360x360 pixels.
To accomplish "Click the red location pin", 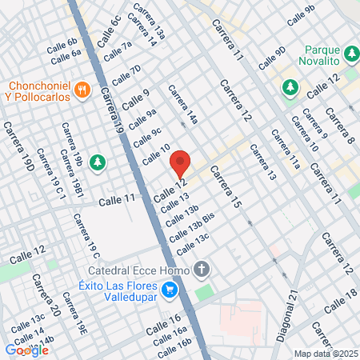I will (181, 163).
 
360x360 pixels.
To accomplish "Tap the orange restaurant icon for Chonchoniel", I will (81, 90).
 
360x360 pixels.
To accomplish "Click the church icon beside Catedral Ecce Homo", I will (203, 269).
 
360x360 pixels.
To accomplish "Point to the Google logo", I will (26, 350).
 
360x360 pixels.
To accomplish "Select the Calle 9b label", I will (301, 14).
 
